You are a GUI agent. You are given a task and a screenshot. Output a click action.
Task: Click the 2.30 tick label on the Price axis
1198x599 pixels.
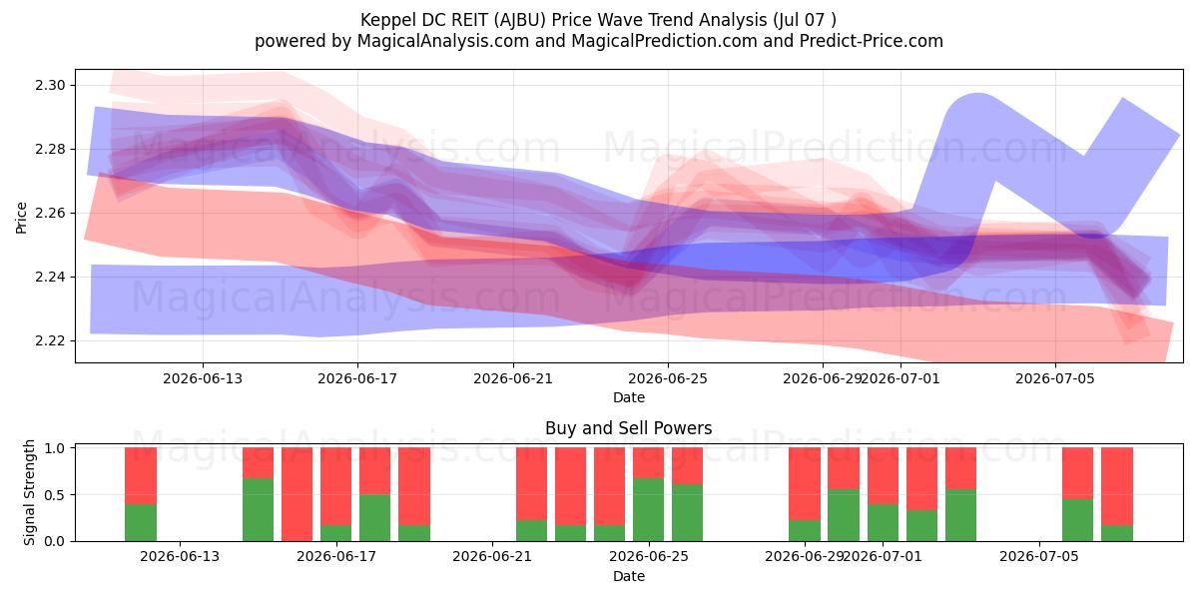pos(50,86)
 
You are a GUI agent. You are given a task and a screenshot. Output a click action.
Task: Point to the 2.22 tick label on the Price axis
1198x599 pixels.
pos(50,341)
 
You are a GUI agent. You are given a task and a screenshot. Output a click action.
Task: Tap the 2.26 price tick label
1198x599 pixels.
pos(50,214)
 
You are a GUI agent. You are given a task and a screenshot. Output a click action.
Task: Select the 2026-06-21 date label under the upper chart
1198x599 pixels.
pos(513,378)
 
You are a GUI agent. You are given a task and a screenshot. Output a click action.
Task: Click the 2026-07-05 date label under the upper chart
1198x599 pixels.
pos(1055,378)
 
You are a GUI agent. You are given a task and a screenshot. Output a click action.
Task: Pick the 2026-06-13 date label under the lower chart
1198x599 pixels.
pos(180,557)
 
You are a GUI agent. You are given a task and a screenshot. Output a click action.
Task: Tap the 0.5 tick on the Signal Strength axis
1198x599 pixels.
pos(54,495)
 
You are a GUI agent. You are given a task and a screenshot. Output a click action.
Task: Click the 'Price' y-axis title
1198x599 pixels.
pos(21,218)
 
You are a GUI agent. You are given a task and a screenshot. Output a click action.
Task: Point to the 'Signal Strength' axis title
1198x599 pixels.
pos(29,492)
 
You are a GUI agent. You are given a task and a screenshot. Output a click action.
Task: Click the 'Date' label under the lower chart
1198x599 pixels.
pos(629,577)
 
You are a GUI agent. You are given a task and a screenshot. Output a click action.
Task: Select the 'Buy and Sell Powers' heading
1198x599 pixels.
pos(629,428)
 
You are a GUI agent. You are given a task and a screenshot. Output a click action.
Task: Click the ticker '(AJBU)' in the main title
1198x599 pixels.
pos(520,20)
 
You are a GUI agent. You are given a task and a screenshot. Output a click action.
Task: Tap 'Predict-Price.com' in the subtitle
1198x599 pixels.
pos(872,41)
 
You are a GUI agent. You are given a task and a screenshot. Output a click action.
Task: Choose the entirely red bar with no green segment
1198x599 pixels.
pos(297,494)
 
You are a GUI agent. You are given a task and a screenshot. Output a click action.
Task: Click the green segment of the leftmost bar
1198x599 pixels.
pos(141,522)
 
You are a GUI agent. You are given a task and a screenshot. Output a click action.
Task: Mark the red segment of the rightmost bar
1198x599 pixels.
pos(1117,486)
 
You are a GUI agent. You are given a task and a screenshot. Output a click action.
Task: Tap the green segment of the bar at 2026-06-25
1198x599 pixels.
pos(648,510)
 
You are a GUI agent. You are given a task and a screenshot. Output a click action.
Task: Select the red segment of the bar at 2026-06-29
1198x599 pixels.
pos(805,484)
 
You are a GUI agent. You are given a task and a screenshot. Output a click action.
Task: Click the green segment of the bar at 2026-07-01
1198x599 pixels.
pos(883,522)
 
